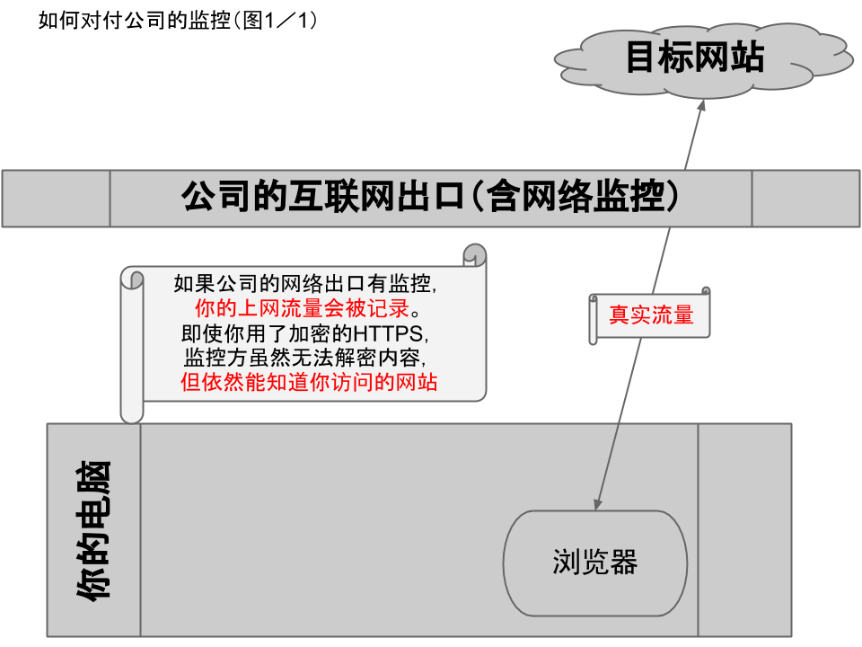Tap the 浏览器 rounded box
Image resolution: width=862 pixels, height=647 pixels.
[594, 563]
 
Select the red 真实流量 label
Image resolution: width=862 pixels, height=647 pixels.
[651, 316]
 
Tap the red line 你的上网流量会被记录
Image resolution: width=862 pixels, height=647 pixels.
[305, 310]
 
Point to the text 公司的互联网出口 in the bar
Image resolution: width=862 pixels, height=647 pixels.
[323, 197]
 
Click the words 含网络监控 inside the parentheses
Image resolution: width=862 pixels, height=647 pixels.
[575, 197]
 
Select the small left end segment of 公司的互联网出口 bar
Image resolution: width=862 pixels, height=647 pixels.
[57, 198]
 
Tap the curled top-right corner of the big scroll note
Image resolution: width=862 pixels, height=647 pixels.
[475, 255]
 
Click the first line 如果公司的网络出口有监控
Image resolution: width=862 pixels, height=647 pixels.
[305, 285]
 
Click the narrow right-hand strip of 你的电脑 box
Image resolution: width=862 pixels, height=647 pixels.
[744, 529]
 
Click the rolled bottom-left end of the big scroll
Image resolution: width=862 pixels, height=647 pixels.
[132, 409]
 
